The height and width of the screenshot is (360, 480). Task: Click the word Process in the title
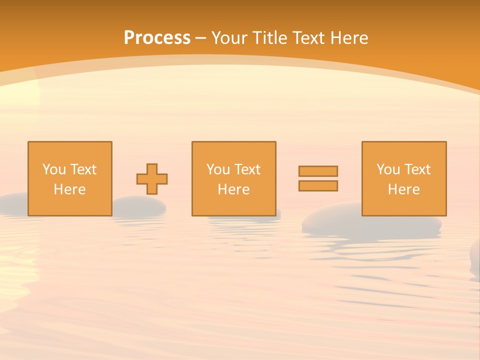(x=157, y=38)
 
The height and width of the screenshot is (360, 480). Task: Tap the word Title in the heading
(x=271, y=38)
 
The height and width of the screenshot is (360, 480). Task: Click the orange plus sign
(x=152, y=179)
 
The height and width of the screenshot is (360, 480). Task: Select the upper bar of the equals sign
(x=318, y=171)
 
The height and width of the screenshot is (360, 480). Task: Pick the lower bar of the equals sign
(x=318, y=186)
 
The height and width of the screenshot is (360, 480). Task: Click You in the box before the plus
(x=54, y=169)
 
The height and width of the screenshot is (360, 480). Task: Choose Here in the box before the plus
(x=69, y=189)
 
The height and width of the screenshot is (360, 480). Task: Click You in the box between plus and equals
(x=218, y=169)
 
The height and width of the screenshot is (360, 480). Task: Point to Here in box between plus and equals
(x=233, y=189)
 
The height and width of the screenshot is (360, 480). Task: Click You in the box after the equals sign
(x=388, y=169)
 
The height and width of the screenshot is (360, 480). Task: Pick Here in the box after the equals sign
(x=403, y=189)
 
